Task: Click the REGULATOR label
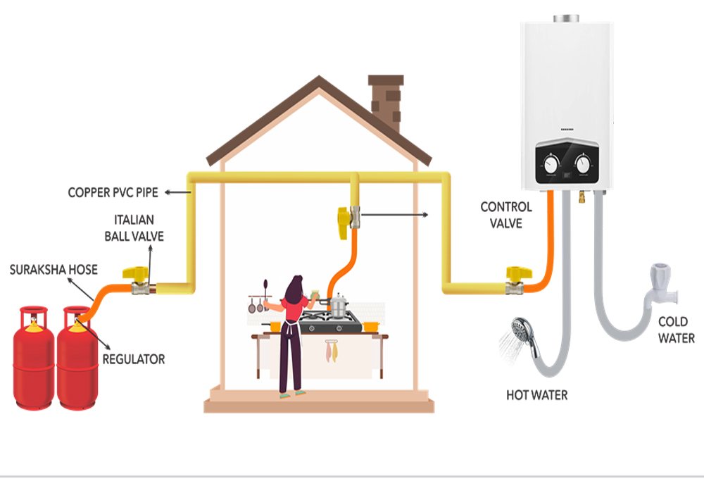point(134,359)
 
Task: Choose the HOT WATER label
point(536,395)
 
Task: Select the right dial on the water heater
point(583,164)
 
